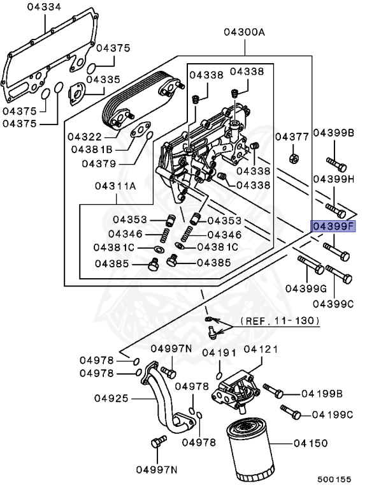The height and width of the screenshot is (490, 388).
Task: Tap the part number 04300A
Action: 243,32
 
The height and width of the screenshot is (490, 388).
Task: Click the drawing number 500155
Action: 334,478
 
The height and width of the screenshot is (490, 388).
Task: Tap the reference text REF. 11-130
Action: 280,321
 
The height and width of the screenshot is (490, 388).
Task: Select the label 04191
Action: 219,352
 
